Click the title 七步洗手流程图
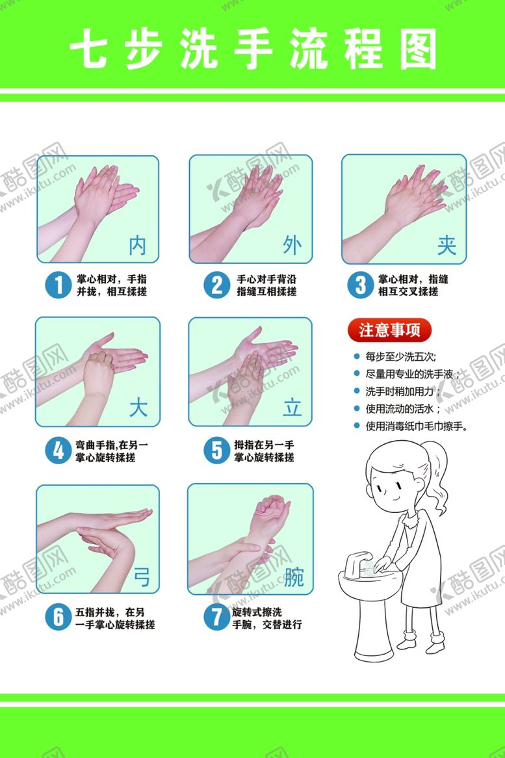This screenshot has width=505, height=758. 253,49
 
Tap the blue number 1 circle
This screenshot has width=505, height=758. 58,284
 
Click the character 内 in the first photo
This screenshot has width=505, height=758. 138,245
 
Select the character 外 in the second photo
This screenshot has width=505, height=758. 292,245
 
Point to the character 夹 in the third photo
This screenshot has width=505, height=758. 447,245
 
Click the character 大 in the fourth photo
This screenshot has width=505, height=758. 138,408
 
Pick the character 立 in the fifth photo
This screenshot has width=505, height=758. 292,408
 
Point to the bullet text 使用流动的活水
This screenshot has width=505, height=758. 403,409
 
